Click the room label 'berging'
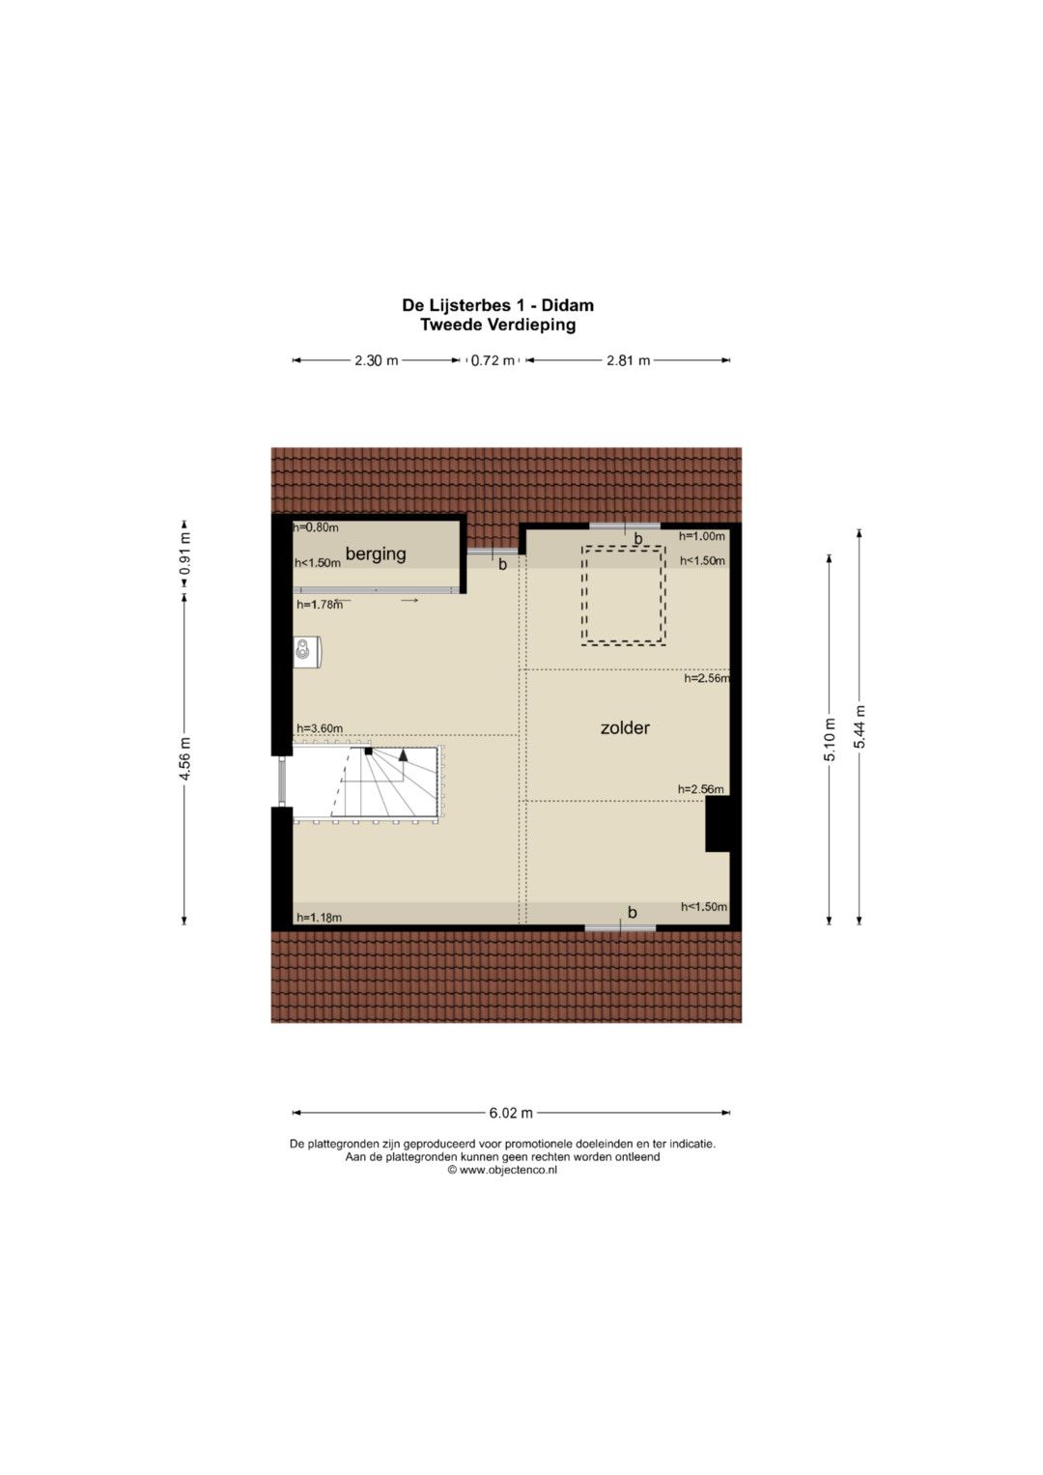pos(376,553)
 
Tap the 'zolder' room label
pos(625,727)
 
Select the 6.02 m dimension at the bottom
pos(511,1113)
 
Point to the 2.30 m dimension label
pos(377,360)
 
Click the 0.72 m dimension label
pos(493,360)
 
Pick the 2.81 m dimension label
pos(628,360)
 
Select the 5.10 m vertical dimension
pos(830,739)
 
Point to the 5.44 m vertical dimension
pos(860,726)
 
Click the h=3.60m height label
pos(320,728)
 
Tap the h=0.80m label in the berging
pos(316,526)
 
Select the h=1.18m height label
pos(320,918)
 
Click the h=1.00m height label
pos(702,536)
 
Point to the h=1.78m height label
pos(320,604)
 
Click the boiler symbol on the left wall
pos(306,651)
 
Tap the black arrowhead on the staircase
pos(403,755)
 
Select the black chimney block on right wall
pos(718,824)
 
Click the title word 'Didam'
pos(568,305)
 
